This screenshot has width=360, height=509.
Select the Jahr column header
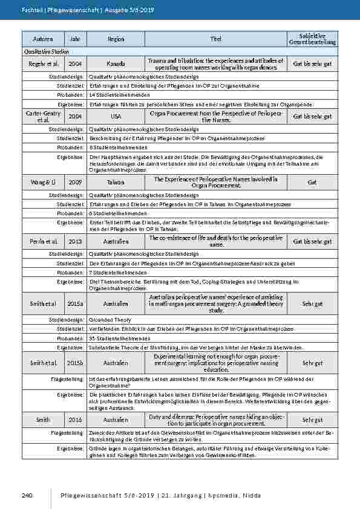tap(75, 39)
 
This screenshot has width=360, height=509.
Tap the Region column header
tap(116, 39)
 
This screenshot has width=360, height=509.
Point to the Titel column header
tap(216, 39)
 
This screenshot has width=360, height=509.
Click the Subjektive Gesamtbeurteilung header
tap(312, 39)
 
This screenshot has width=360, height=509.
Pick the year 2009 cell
tap(75, 181)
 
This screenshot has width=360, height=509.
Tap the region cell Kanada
tap(116, 63)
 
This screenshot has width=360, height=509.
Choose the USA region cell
tap(116, 116)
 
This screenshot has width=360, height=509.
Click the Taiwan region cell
tap(116, 181)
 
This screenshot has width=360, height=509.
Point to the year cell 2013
tap(75, 241)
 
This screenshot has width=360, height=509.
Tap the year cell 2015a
tap(75, 302)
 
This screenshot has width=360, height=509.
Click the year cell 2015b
tap(75, 363)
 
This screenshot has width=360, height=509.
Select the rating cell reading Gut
tap(312, 181)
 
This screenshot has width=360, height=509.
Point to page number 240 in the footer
tap(26, 496)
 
